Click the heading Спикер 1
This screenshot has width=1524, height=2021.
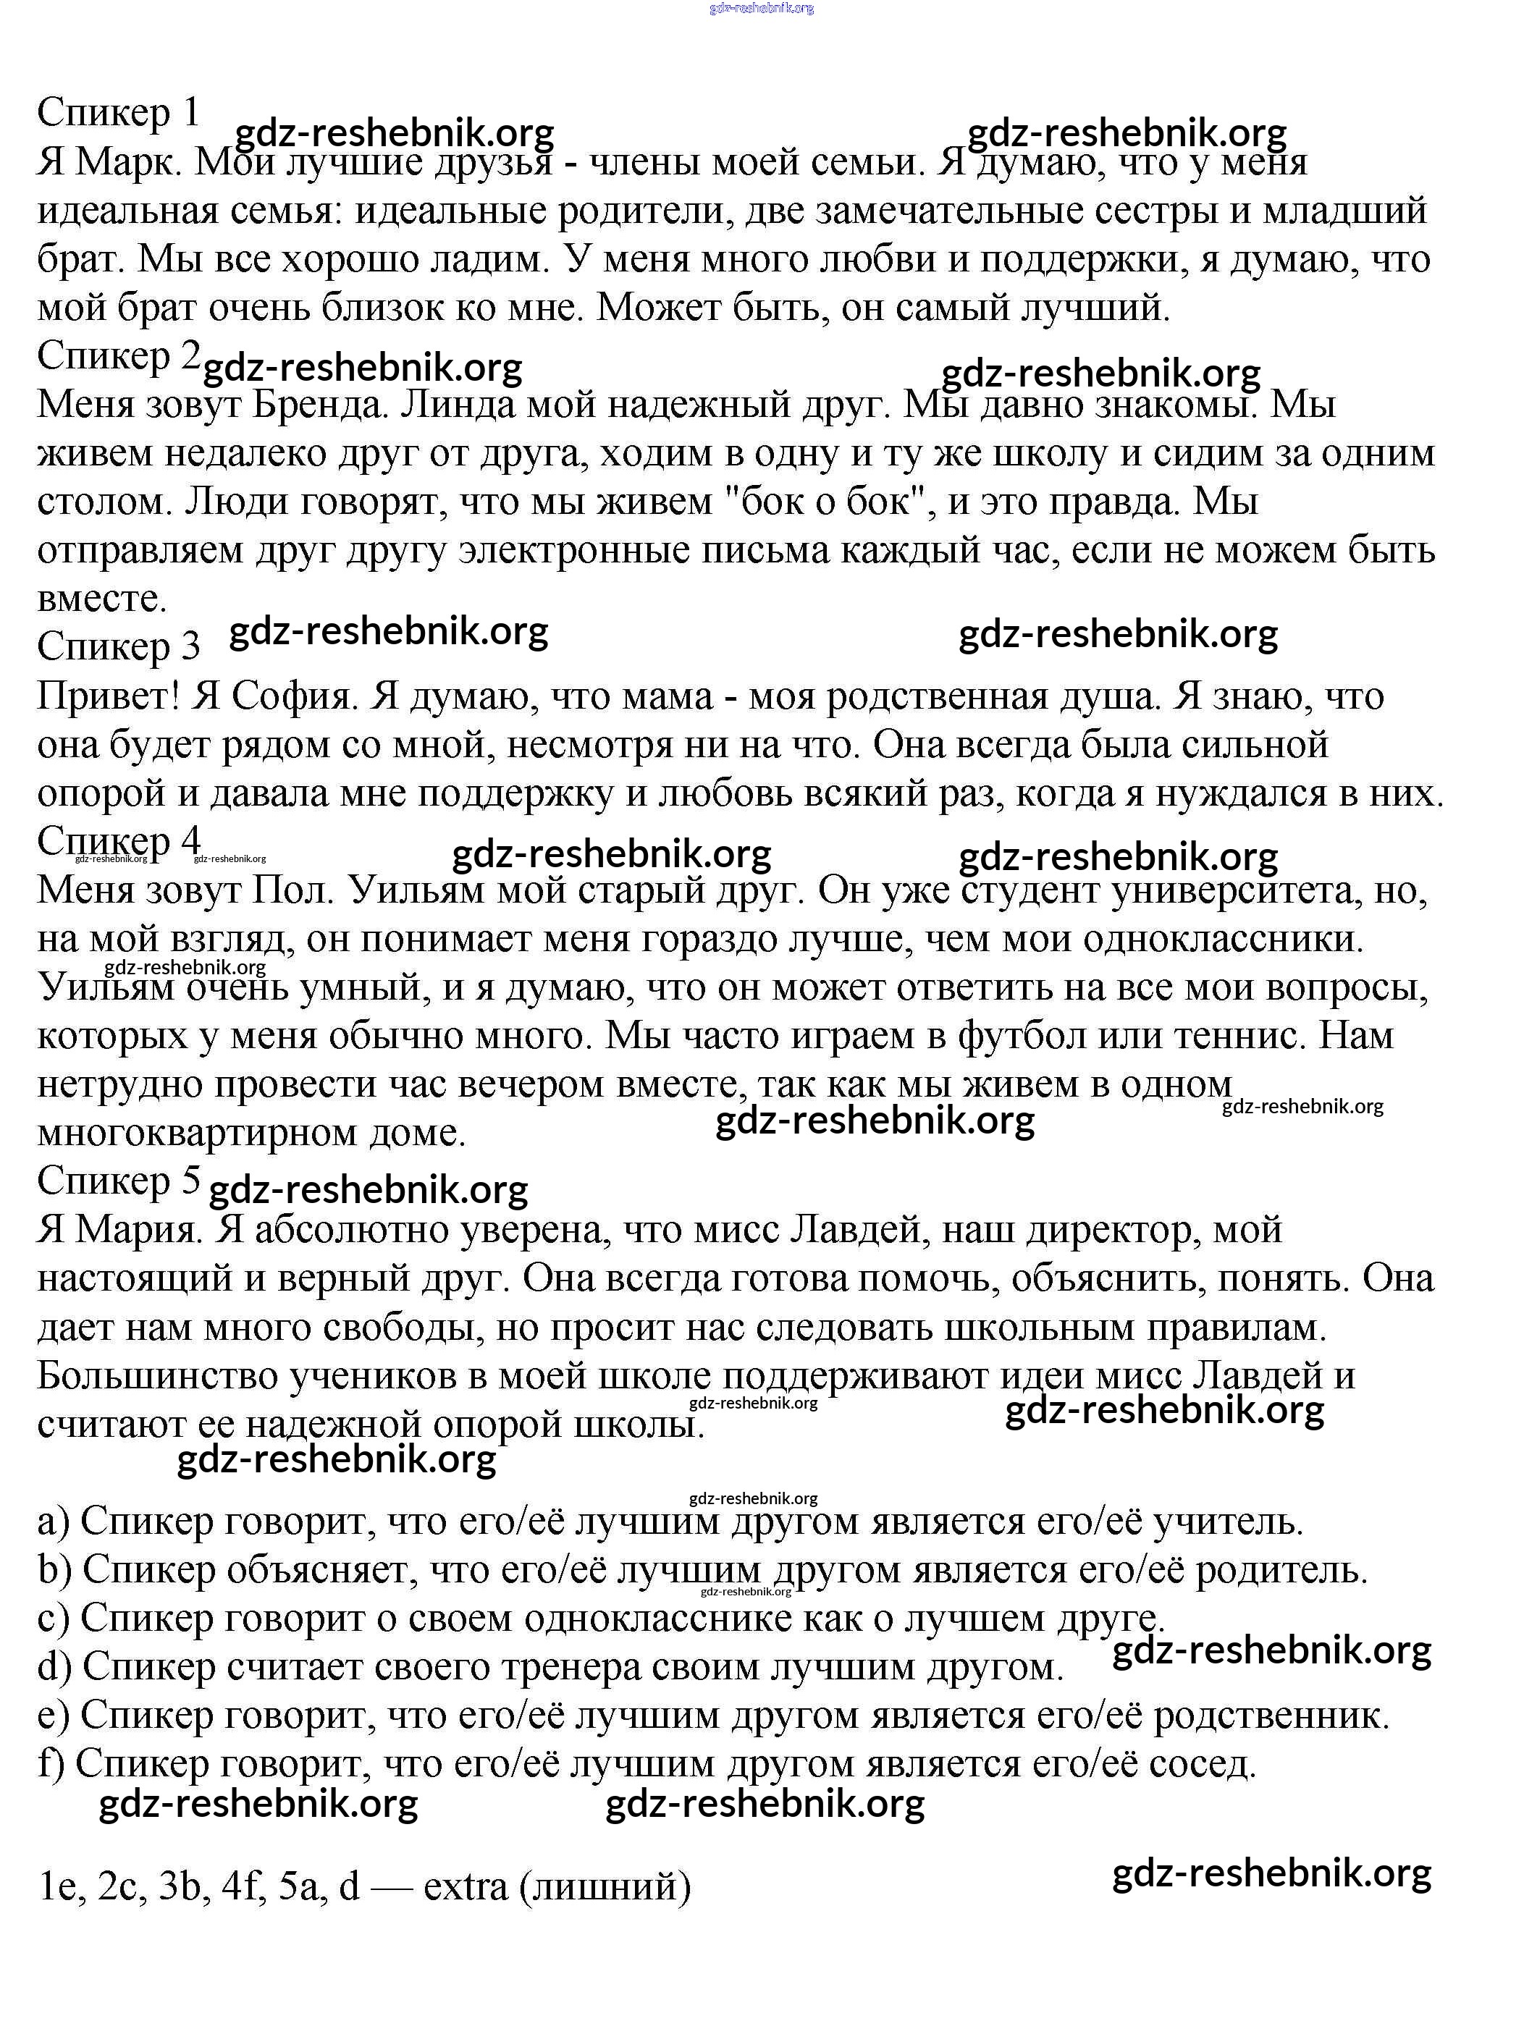pyautogui.click(x=117, y=114)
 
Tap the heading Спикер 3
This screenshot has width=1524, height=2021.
pyautogui.click(x=117, y=647)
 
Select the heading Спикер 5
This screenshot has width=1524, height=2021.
pyautogui.click(x=117, y=1181)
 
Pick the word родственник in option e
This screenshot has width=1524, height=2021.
pyautogui.click(x=1271, y=1716)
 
